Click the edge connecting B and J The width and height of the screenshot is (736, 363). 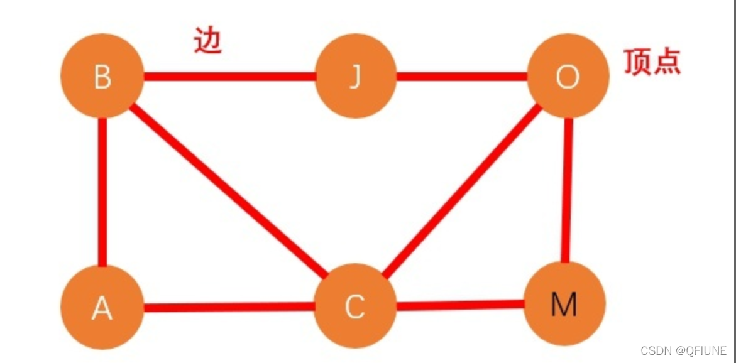pyautogui.click(x=229, y=77)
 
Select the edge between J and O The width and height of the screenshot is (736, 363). pyautogui.click(x=462, y=77)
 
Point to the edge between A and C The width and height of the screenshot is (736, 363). pyautogui.click(x=229, y=307)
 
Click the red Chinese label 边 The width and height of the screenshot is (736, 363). pyautogui.click(x=208, y=41)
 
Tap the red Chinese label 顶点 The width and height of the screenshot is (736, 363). pyautogui.click(x=652, y=62)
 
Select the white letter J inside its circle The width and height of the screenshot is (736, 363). pyautogui.click(x=356, y=78)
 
